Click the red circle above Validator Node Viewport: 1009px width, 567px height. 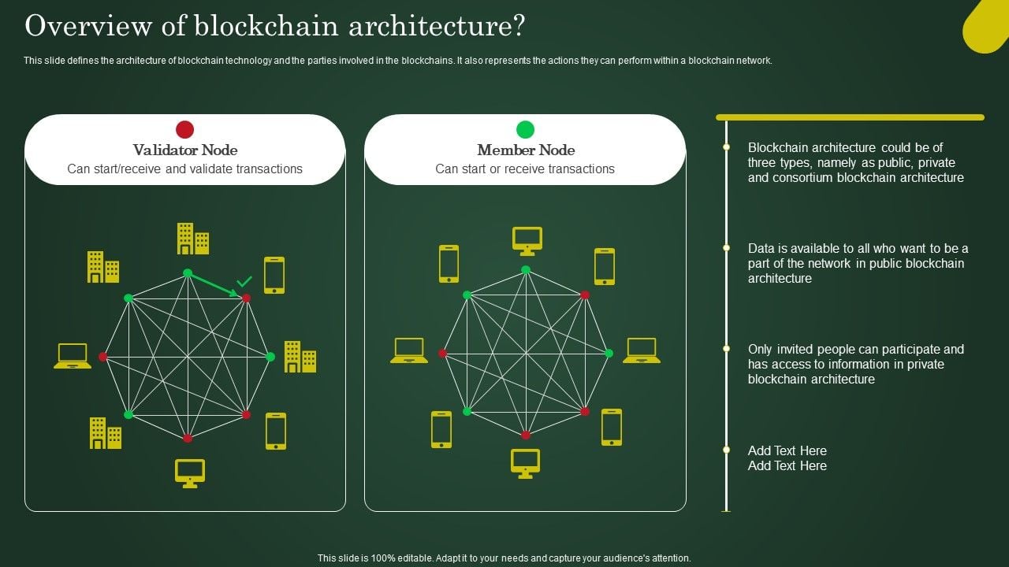coord(184,129)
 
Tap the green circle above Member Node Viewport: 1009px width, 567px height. coord(525,129)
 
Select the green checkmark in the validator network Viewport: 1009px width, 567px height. coord(245,280)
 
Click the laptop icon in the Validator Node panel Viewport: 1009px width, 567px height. coord(73,356)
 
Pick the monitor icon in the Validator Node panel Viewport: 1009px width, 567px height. coord(190,472)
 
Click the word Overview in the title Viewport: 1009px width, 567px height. coord(70,26)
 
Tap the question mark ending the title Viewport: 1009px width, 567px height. coord(517,26)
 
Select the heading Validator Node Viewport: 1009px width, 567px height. coord(185,150)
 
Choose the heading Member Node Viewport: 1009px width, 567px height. coord(526,150)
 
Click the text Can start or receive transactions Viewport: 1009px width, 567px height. coord(525,169)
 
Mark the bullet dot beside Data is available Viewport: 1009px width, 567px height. coord(727,248)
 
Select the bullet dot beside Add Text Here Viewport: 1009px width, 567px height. coord(727,450)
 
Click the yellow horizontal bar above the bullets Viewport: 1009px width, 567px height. coord(850,117)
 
